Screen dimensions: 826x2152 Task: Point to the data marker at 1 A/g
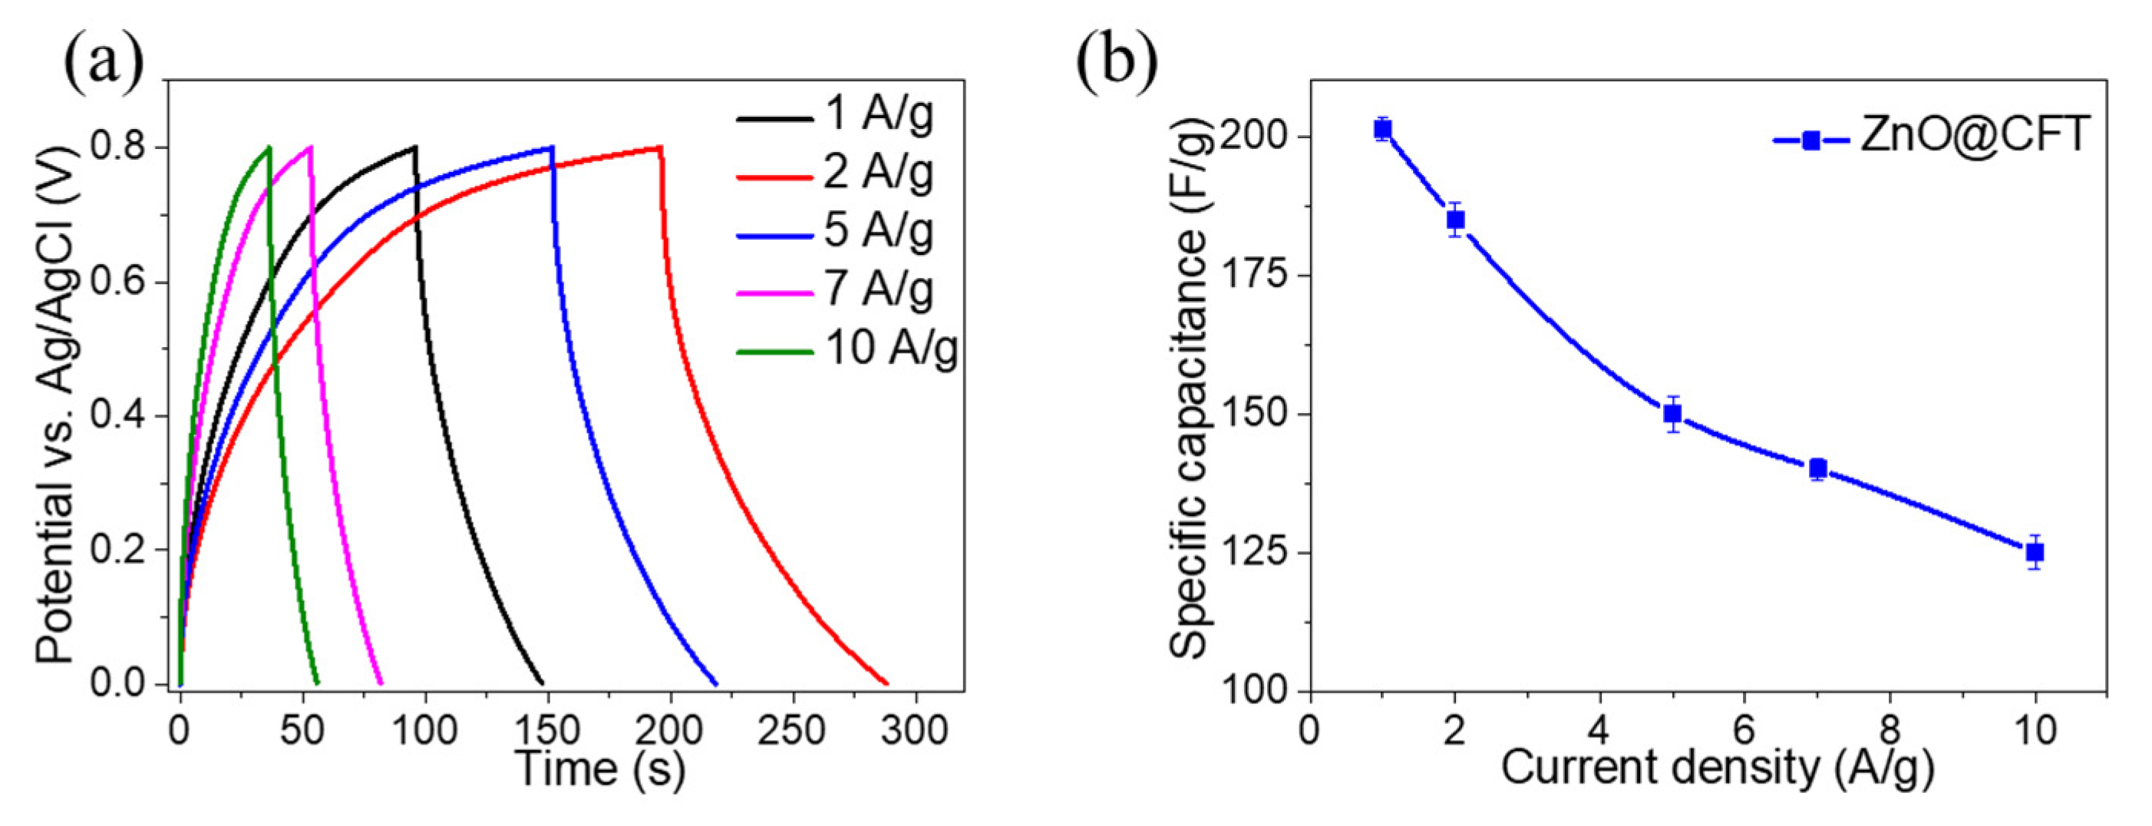click(x=1382, y=130)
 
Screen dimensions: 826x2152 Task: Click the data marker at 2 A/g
click(x=1455, y=220)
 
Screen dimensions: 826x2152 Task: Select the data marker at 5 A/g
click(x=1672, y=414)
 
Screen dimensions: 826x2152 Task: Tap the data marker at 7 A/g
click(x=1818, y=468)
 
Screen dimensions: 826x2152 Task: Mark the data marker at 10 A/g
click(x=2035, y=552)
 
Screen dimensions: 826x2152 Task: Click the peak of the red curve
click(x=660, y=148)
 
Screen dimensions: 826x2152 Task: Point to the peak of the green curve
click(x=268, y=148)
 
